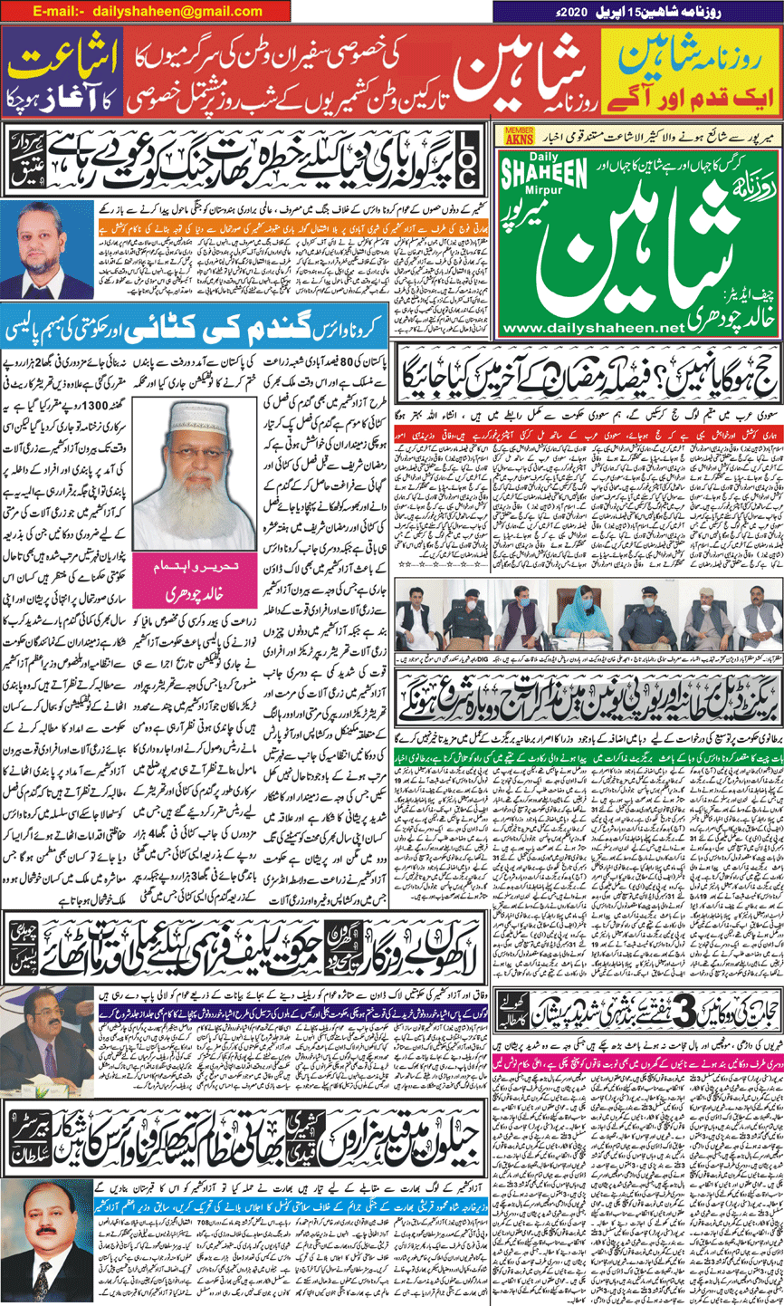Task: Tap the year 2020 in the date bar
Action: [569, 11]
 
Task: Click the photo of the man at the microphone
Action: [46, 1033]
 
